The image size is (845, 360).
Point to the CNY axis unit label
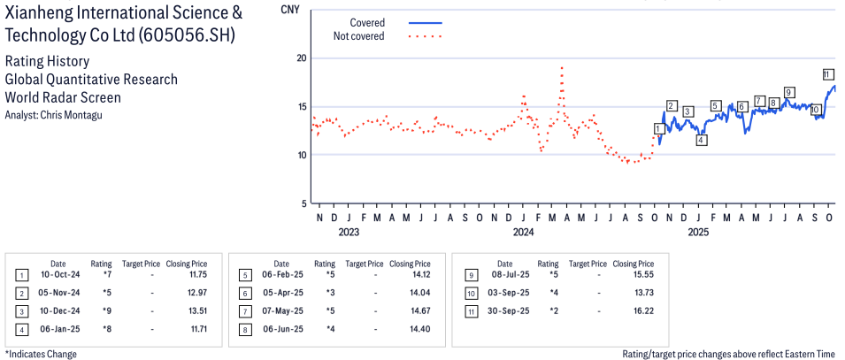pos(289,11)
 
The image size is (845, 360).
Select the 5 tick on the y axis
pos(303,203)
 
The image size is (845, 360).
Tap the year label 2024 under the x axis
pos(524,233)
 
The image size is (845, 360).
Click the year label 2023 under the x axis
pos(349,233)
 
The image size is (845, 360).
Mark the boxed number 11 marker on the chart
pos(828,74)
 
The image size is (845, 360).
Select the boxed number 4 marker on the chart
pos(701,140)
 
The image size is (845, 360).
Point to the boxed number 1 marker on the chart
pos(657,129)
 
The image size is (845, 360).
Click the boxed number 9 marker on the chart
pos(788,92)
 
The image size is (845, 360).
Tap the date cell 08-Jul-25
pos(504,275)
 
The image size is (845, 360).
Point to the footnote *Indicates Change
pos(41,354)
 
